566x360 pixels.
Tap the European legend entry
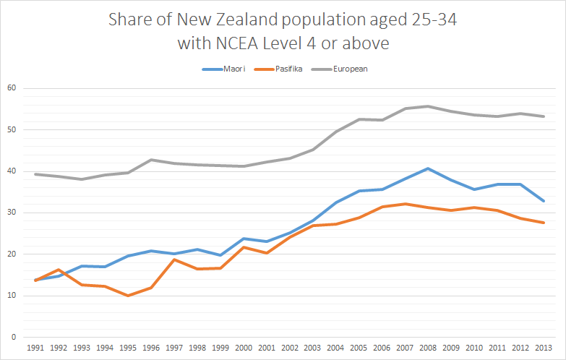pyautogui.click(x=350, y=69)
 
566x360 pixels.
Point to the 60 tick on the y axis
pyautogui.click(x=11, y=88)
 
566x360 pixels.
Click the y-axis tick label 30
pyautogui.click(x=11, y=213)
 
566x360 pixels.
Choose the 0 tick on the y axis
pyautogui.click(x=13, y=337)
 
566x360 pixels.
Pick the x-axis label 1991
pyautogui.click(x=35, y=348)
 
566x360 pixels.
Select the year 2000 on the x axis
pyautogui.click(x=243, y=348)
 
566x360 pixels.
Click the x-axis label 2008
pyautogui.click(x=427, y=348)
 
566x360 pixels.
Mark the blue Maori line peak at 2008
pyautogui.click(x=427, y=168)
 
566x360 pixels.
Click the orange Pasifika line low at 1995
pyautogui.click(x=127, y=296)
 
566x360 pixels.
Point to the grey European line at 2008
pyautogui.click(x=427, y=106)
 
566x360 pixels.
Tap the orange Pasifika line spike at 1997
pyautogui.click(x=173, y=260)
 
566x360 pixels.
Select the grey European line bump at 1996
pyautogui.click(x=150, y=160)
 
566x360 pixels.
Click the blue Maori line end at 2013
pyautogui.click(x=543, y=201)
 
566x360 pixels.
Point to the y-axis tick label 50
pyautogui.click(x=11, y=130)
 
